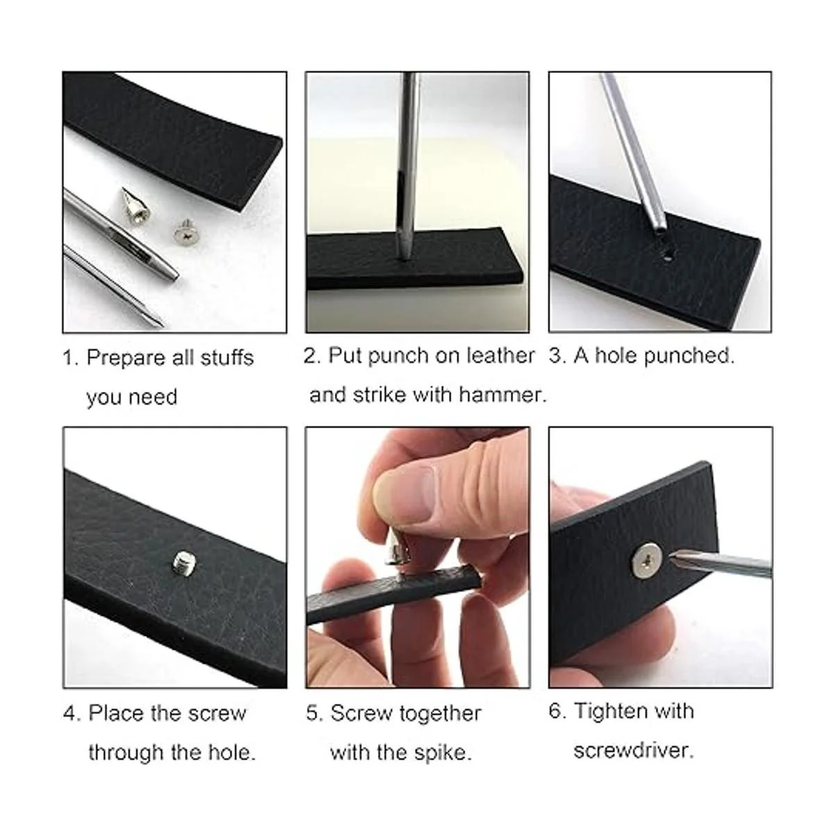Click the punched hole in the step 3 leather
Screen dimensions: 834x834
click(x=667, y=259)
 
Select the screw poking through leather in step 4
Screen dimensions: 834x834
click(x=184, y=563)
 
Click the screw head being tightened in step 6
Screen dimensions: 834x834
click(x=648, y=560)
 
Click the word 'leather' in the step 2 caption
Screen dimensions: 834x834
click(x=500, y=355)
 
